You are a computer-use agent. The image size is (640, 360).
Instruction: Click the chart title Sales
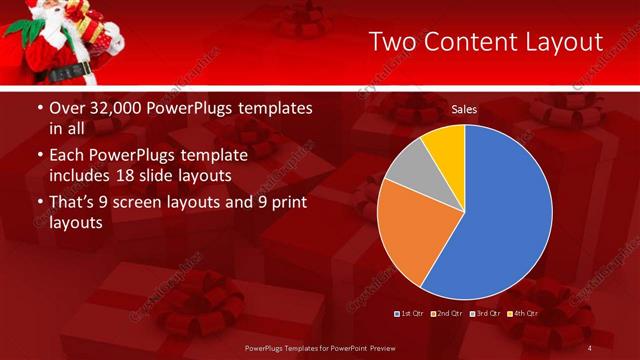pos(464,108)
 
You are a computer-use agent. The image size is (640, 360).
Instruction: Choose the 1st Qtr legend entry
pos(409,314)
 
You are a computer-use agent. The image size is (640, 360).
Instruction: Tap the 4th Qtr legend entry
pos(524,314)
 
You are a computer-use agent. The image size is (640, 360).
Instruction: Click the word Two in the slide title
pos(394,42)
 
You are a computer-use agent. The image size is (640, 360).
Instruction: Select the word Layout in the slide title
pos(566,42)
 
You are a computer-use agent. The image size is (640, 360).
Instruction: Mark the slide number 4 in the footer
pos(590,347)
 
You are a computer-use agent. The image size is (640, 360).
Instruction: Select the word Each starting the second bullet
pos(67,155)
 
